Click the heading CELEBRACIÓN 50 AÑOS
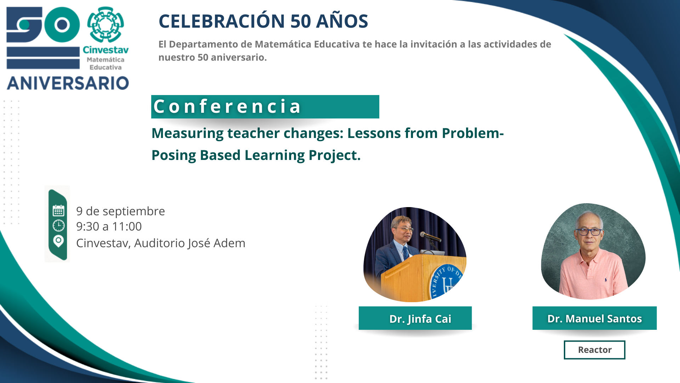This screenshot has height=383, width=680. tap(263, 21)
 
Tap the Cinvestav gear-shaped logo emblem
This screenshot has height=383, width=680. tap(106, 24)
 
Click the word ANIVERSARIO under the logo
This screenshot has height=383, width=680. tap(68, 83)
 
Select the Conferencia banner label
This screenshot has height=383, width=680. tap(265, 106)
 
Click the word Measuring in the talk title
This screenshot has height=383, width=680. tap(187, 133)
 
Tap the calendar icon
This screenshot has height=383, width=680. tap(58, 211)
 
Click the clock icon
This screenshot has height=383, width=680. tap(58, 226)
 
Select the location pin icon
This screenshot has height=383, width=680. tap(58, 242)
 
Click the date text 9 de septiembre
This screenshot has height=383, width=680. tap(120, 211)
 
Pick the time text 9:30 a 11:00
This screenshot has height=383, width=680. tap(109, 227)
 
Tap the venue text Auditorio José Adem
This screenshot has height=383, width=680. tap(190, 243)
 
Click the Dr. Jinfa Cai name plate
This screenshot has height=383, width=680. tap(415, 318)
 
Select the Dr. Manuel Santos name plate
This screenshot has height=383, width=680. tap(595, 318)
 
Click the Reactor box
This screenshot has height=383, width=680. tap(595, 350)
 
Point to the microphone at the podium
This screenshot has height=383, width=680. tap(430, 236)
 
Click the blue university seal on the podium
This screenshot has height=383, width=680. tap(447, 281)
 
